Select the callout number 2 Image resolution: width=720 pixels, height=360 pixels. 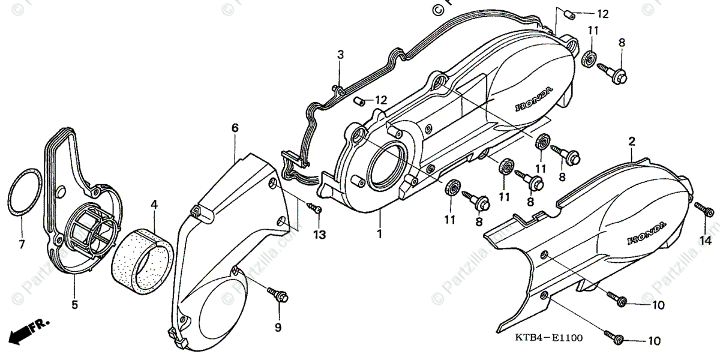tap(631, 142)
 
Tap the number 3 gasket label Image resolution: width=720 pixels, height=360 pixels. tap(340, 55)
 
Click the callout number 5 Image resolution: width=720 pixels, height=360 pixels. tap(74, 305)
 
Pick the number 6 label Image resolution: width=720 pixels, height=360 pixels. tap(235, 127)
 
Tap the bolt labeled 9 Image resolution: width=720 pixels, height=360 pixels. tap(279, 295)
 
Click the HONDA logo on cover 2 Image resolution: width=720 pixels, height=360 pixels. tap(646, 233)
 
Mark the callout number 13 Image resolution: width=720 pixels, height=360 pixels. tap(319, 235)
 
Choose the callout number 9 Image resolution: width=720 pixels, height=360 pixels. tap(278, 327)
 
